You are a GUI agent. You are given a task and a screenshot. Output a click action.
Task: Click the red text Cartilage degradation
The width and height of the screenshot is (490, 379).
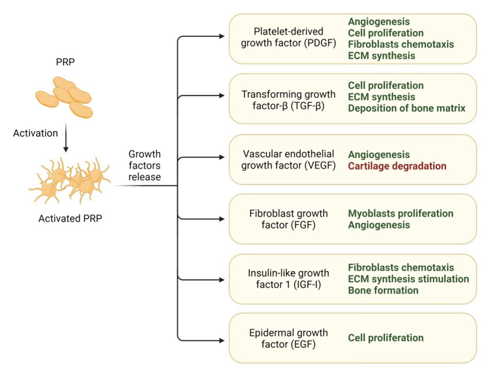coord(397,167)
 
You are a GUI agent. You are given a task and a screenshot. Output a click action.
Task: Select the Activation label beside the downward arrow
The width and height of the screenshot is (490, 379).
coord(35,133)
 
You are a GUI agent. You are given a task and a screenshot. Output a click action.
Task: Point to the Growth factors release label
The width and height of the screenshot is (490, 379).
coord(144,166)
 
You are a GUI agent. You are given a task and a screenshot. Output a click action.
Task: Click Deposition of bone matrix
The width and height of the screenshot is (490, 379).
coord(407,108)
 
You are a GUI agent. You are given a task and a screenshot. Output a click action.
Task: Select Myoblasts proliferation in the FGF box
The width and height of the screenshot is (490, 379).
coord(400,213)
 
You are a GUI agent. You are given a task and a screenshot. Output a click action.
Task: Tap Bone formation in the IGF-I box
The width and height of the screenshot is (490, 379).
coord(383,290)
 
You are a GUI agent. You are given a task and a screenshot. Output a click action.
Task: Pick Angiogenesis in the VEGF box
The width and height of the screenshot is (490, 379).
coord(379,155)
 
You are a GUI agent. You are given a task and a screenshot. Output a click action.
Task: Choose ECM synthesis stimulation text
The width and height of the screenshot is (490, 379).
coord(408,279)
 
